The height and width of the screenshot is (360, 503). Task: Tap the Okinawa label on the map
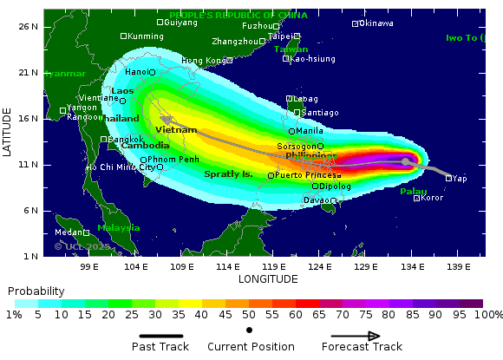click(x=376, y=23)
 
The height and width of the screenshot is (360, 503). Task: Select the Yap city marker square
click(x=448, y=178)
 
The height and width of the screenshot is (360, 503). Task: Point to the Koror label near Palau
click(x=432, y=198)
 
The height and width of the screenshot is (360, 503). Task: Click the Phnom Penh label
click(x=173, y=160)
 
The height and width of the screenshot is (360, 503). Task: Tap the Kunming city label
click(x=145, y=36)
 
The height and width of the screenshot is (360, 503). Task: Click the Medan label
click(x=67, y=232)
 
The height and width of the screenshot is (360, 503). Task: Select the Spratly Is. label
click(x=228, y=174)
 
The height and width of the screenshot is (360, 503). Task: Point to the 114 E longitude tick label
click(x=227, y=266)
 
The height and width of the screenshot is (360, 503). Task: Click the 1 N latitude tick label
click(x=31, y=256)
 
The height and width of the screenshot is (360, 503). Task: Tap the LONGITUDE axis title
click(x=268, y=278)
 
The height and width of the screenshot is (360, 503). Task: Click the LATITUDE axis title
click(x=7, y=132)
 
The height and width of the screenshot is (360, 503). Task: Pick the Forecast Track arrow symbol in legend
click(x=356, y=337)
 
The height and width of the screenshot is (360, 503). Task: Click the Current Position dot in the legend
click(x=250, y=331)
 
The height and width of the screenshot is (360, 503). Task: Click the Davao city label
click(x=316, y=200)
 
